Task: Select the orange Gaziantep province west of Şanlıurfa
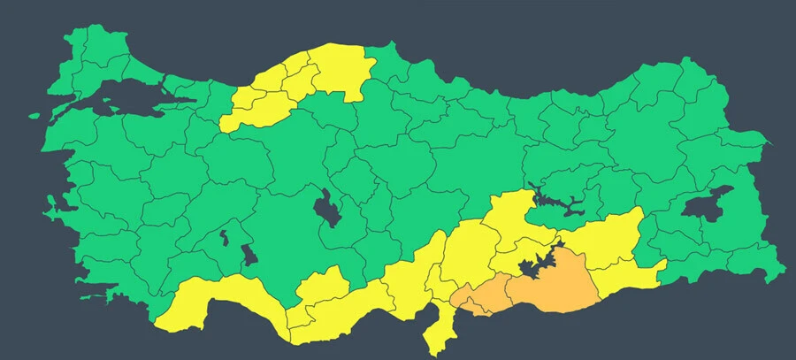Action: coord(478,296)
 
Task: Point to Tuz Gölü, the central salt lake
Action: coord(328,209)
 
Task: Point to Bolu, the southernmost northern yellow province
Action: coord(248,111)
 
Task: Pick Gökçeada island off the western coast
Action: coord(35,114)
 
